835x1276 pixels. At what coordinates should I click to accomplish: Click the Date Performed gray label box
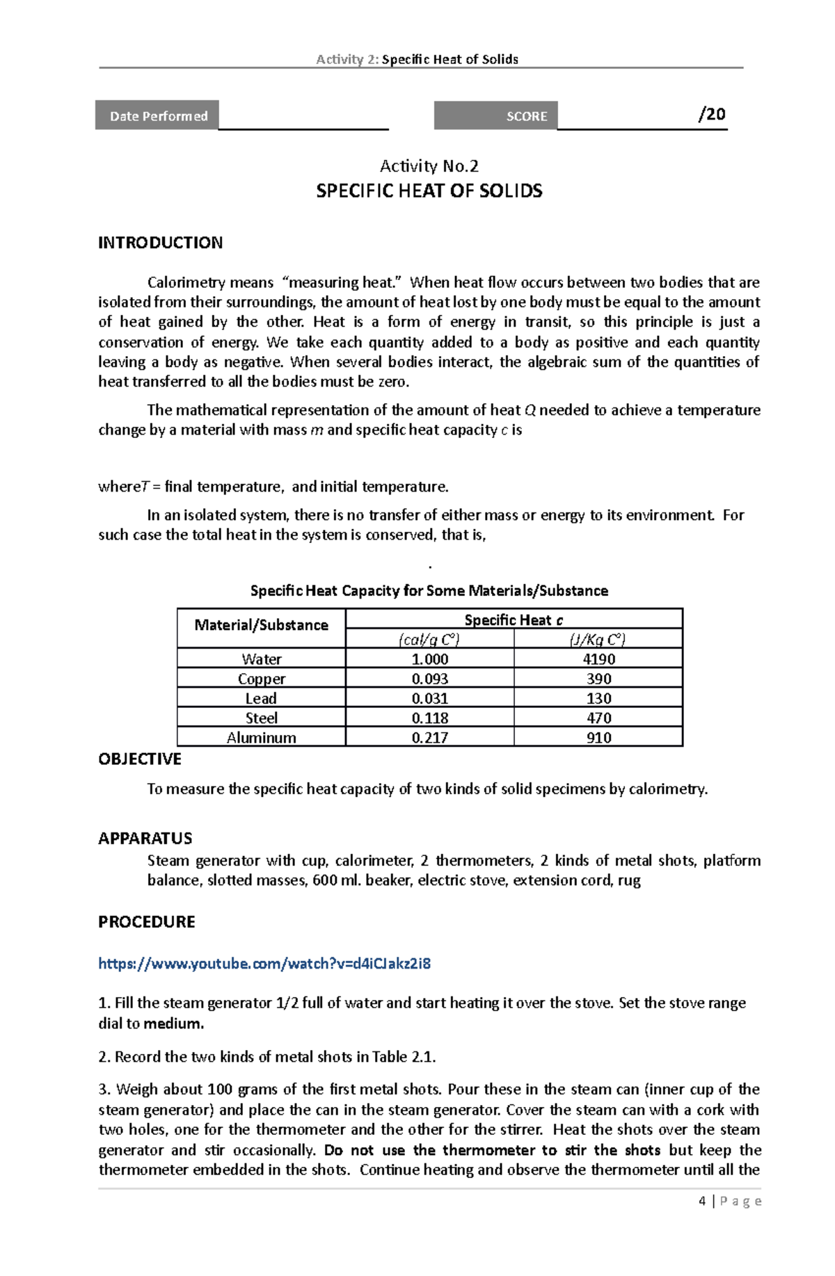tap(157, 115)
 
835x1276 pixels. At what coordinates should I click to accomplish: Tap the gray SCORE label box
tap(495, 115)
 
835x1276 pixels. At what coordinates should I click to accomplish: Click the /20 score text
tap(711, 114)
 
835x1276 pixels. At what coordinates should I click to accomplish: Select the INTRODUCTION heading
tap(160, 243)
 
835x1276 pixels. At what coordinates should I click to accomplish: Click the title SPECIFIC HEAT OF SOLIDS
tap(429, 191)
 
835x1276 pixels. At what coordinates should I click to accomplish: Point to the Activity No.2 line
tap(429, 166)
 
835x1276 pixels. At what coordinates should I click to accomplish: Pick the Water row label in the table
tap(261, 659)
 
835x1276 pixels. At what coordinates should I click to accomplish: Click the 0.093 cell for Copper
tap(429, 678)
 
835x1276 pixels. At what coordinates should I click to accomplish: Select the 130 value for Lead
tap(598, 698)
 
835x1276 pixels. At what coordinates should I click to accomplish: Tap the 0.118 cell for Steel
tap(429, 718)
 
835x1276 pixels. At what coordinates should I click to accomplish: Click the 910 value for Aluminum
tap(598, 738)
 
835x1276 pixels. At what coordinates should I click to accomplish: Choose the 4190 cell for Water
tap(598, 659)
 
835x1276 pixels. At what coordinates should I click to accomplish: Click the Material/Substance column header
tap(261, 625)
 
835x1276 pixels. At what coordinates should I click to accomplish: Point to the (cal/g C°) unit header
tap(429, 640)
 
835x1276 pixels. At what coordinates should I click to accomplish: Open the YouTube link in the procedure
tap(264, 963)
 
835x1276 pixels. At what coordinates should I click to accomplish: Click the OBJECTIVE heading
tap(139, 759)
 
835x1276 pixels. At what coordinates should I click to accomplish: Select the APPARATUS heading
tap(145, 838)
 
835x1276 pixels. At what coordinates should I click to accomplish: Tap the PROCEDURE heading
tap(146, 922)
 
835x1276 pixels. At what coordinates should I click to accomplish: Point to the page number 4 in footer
tap(702, 1201)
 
